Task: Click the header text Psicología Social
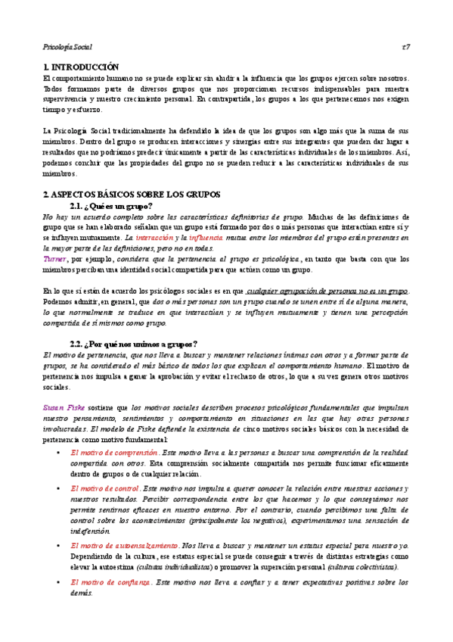67,46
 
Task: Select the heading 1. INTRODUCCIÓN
82,67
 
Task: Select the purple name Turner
55,259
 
